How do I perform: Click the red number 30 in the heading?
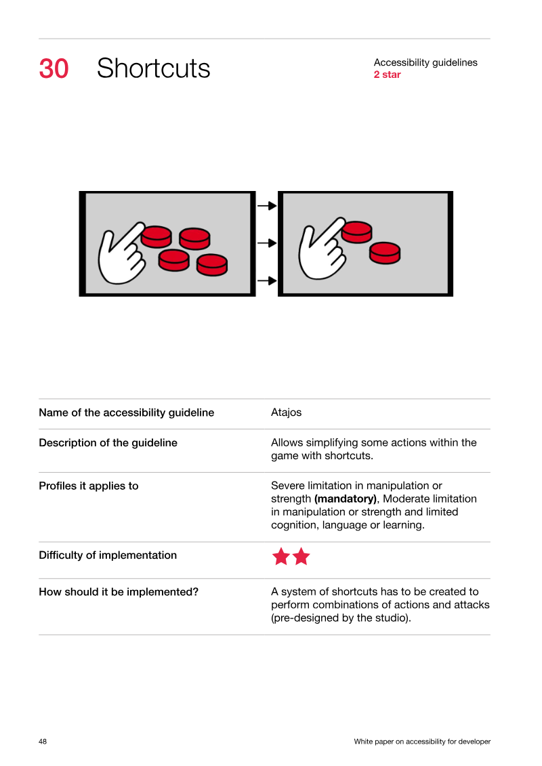(54, 68)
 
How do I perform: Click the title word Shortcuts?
(154, 68)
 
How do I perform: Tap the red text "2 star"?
(387, 75)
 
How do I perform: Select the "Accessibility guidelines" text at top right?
(425, 62)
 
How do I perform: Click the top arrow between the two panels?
(268, 206)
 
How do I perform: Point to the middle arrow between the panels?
(268, 242)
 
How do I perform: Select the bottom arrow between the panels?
(268, 280)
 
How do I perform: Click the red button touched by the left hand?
(157, 236)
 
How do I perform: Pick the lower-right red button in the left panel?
(212, 265)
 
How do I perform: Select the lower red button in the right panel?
(385, 253)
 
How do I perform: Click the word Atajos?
(287, 412)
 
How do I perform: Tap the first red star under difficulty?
(281, 557)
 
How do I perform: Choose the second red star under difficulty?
(301, 557)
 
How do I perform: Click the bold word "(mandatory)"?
(346, 498)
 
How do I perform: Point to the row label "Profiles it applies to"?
(89, 486)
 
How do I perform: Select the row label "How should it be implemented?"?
(119, 592)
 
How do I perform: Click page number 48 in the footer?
(43, 742)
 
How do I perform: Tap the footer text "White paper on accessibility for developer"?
(422, 742)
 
